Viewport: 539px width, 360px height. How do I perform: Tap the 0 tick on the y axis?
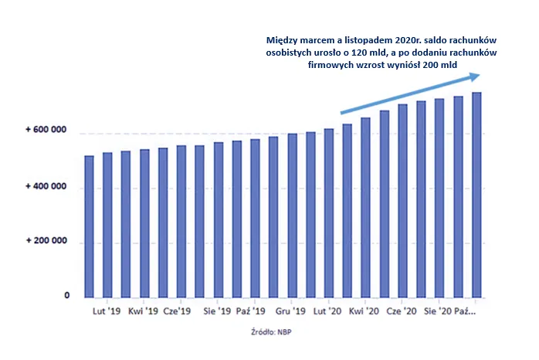67,297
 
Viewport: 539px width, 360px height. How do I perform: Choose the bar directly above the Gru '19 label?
293,216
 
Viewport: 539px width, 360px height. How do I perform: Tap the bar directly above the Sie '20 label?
439,198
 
